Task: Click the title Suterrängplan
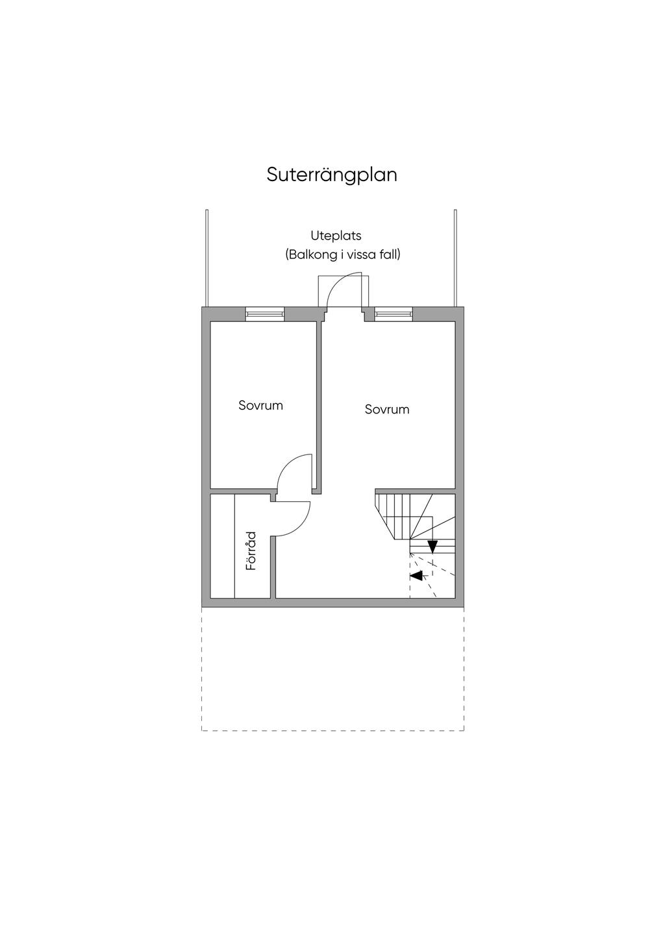[332, 175]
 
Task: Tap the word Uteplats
[336, 236]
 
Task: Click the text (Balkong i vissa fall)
[343, 254]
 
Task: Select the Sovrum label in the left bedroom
[260, 406]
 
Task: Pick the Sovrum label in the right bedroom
[387, 410]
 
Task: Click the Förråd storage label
[251, 551]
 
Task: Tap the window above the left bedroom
[265, 314]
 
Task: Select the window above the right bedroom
[394, 314]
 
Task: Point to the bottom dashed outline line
[332, 731]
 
